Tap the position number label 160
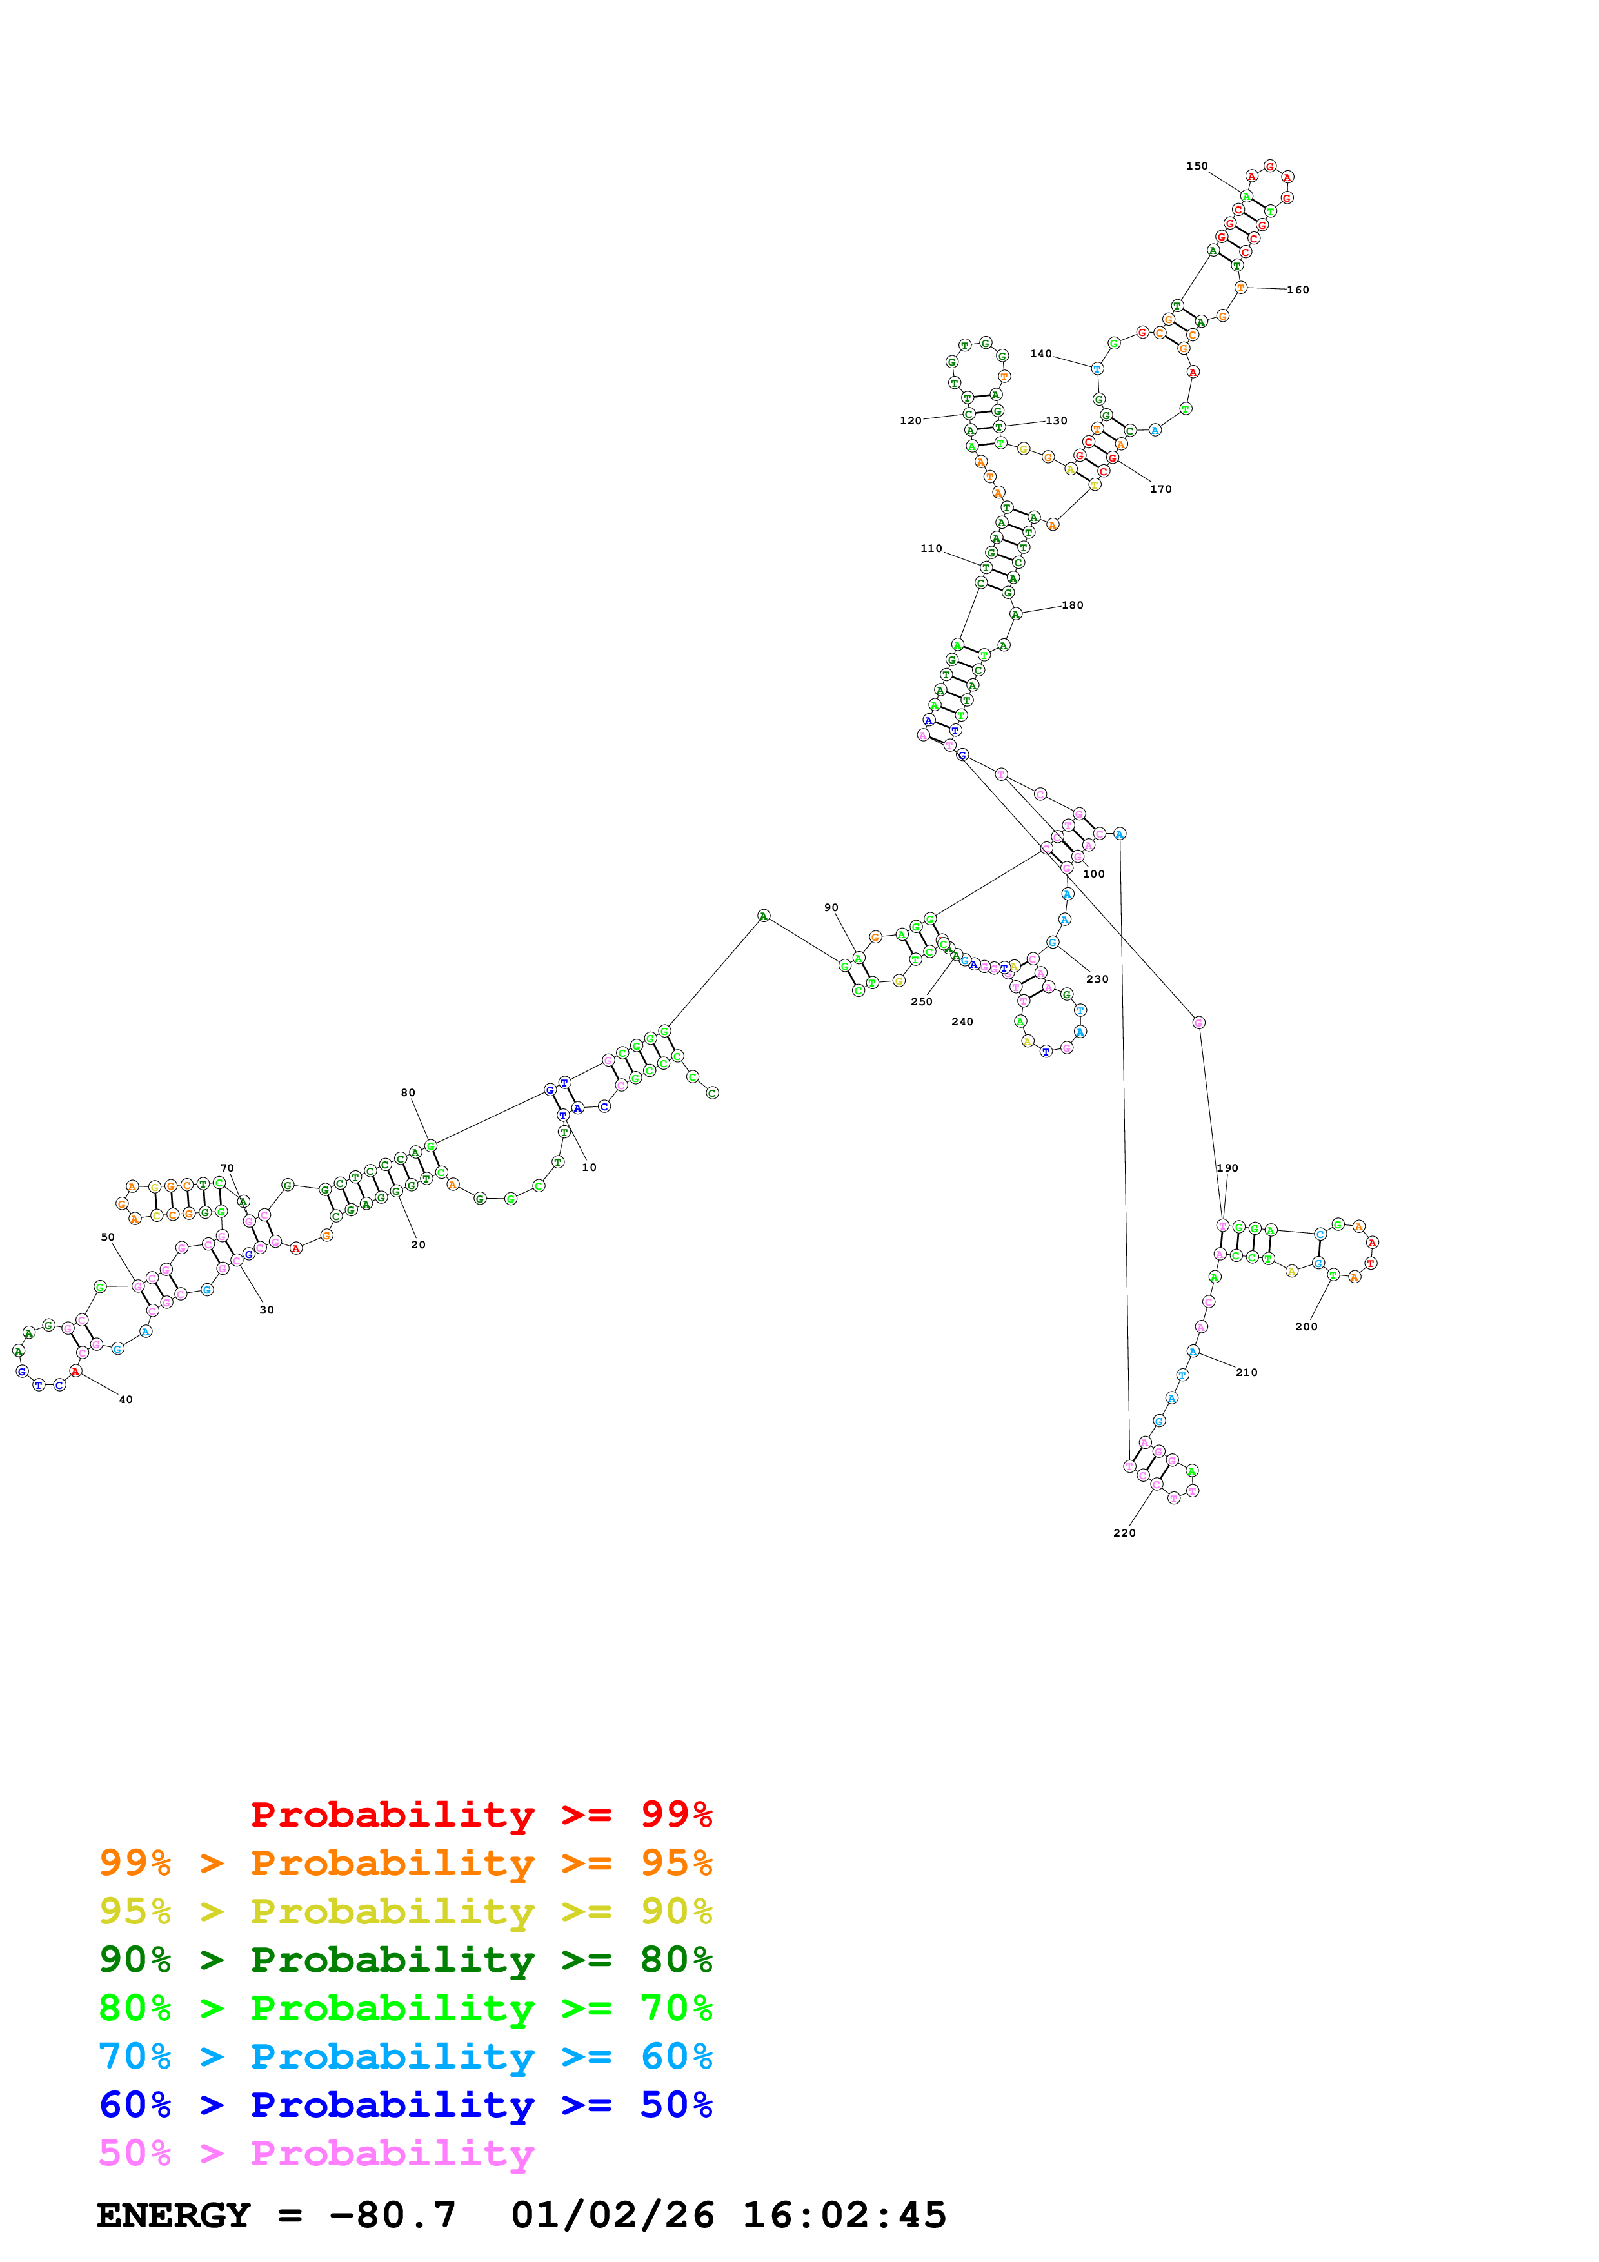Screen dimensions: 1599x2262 coord(1298,290)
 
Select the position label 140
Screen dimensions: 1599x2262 coord(1040,354)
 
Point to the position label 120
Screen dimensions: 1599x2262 coord(910,420)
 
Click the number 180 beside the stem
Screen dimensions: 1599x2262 coord(1072,605)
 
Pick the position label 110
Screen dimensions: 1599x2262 coord(931,549)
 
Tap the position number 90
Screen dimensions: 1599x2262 coord(831,907)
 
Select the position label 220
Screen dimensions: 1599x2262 coord(1124,1533)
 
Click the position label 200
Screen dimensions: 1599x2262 coord(1306,1327)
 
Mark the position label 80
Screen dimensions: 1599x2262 coord(408,1092)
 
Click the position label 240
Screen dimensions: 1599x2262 coord(962,1021)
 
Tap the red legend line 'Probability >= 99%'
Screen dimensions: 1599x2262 coord(481,1815)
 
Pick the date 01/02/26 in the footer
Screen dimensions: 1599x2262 coord(612,2216)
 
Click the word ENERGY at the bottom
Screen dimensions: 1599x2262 coord(174,2216)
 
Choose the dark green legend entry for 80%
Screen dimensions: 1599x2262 coord(405,1960)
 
